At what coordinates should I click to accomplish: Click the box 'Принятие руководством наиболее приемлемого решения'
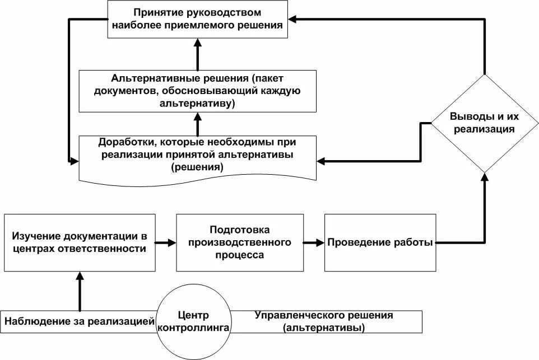click(x=198, y=19)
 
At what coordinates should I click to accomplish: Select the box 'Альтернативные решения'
click(x=198, y=90)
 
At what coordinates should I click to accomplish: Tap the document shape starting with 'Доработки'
click(x=198, y=154)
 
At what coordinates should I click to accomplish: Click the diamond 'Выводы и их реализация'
click(x=485, y=123)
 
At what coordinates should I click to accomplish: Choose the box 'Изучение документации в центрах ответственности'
click(x=79, y=242)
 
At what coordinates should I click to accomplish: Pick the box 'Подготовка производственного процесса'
click(x=240, y=242)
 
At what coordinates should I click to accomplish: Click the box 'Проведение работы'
click(x=380, y=242)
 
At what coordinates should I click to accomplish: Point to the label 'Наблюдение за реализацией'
click(x=79, y=321)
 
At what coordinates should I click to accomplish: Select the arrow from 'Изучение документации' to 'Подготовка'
click(x=165, y=243)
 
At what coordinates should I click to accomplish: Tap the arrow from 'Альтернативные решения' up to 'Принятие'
click(x=198, y=54)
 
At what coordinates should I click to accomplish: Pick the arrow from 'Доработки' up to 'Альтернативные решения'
click(x=198, y=123)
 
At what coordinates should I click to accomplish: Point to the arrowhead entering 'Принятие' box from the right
click(x=294, y=19)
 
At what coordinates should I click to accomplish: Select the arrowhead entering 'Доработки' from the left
click(x=75, y=162)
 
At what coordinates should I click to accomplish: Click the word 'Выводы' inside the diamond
click(x=470, y=117)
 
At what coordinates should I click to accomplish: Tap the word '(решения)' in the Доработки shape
click(x=198, y=167)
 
